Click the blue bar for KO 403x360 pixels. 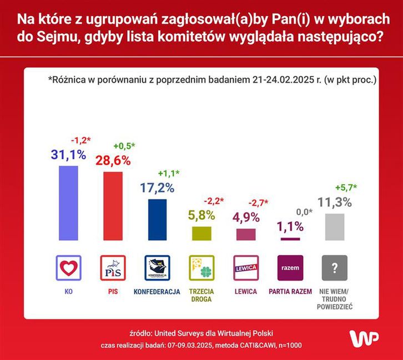[x=69, y=202]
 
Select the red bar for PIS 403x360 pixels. [x=113, y=205]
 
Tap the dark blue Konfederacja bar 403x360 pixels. [x=158, y=219]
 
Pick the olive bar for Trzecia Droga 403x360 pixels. [x=202, y=233]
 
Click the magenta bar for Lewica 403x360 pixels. [x=246, y=234]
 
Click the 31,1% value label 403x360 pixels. [x=69, y=155]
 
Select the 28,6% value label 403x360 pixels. [x=113, y=161]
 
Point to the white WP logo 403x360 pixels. [x=364, y=337]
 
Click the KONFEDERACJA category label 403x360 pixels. [x=158, y=291]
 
